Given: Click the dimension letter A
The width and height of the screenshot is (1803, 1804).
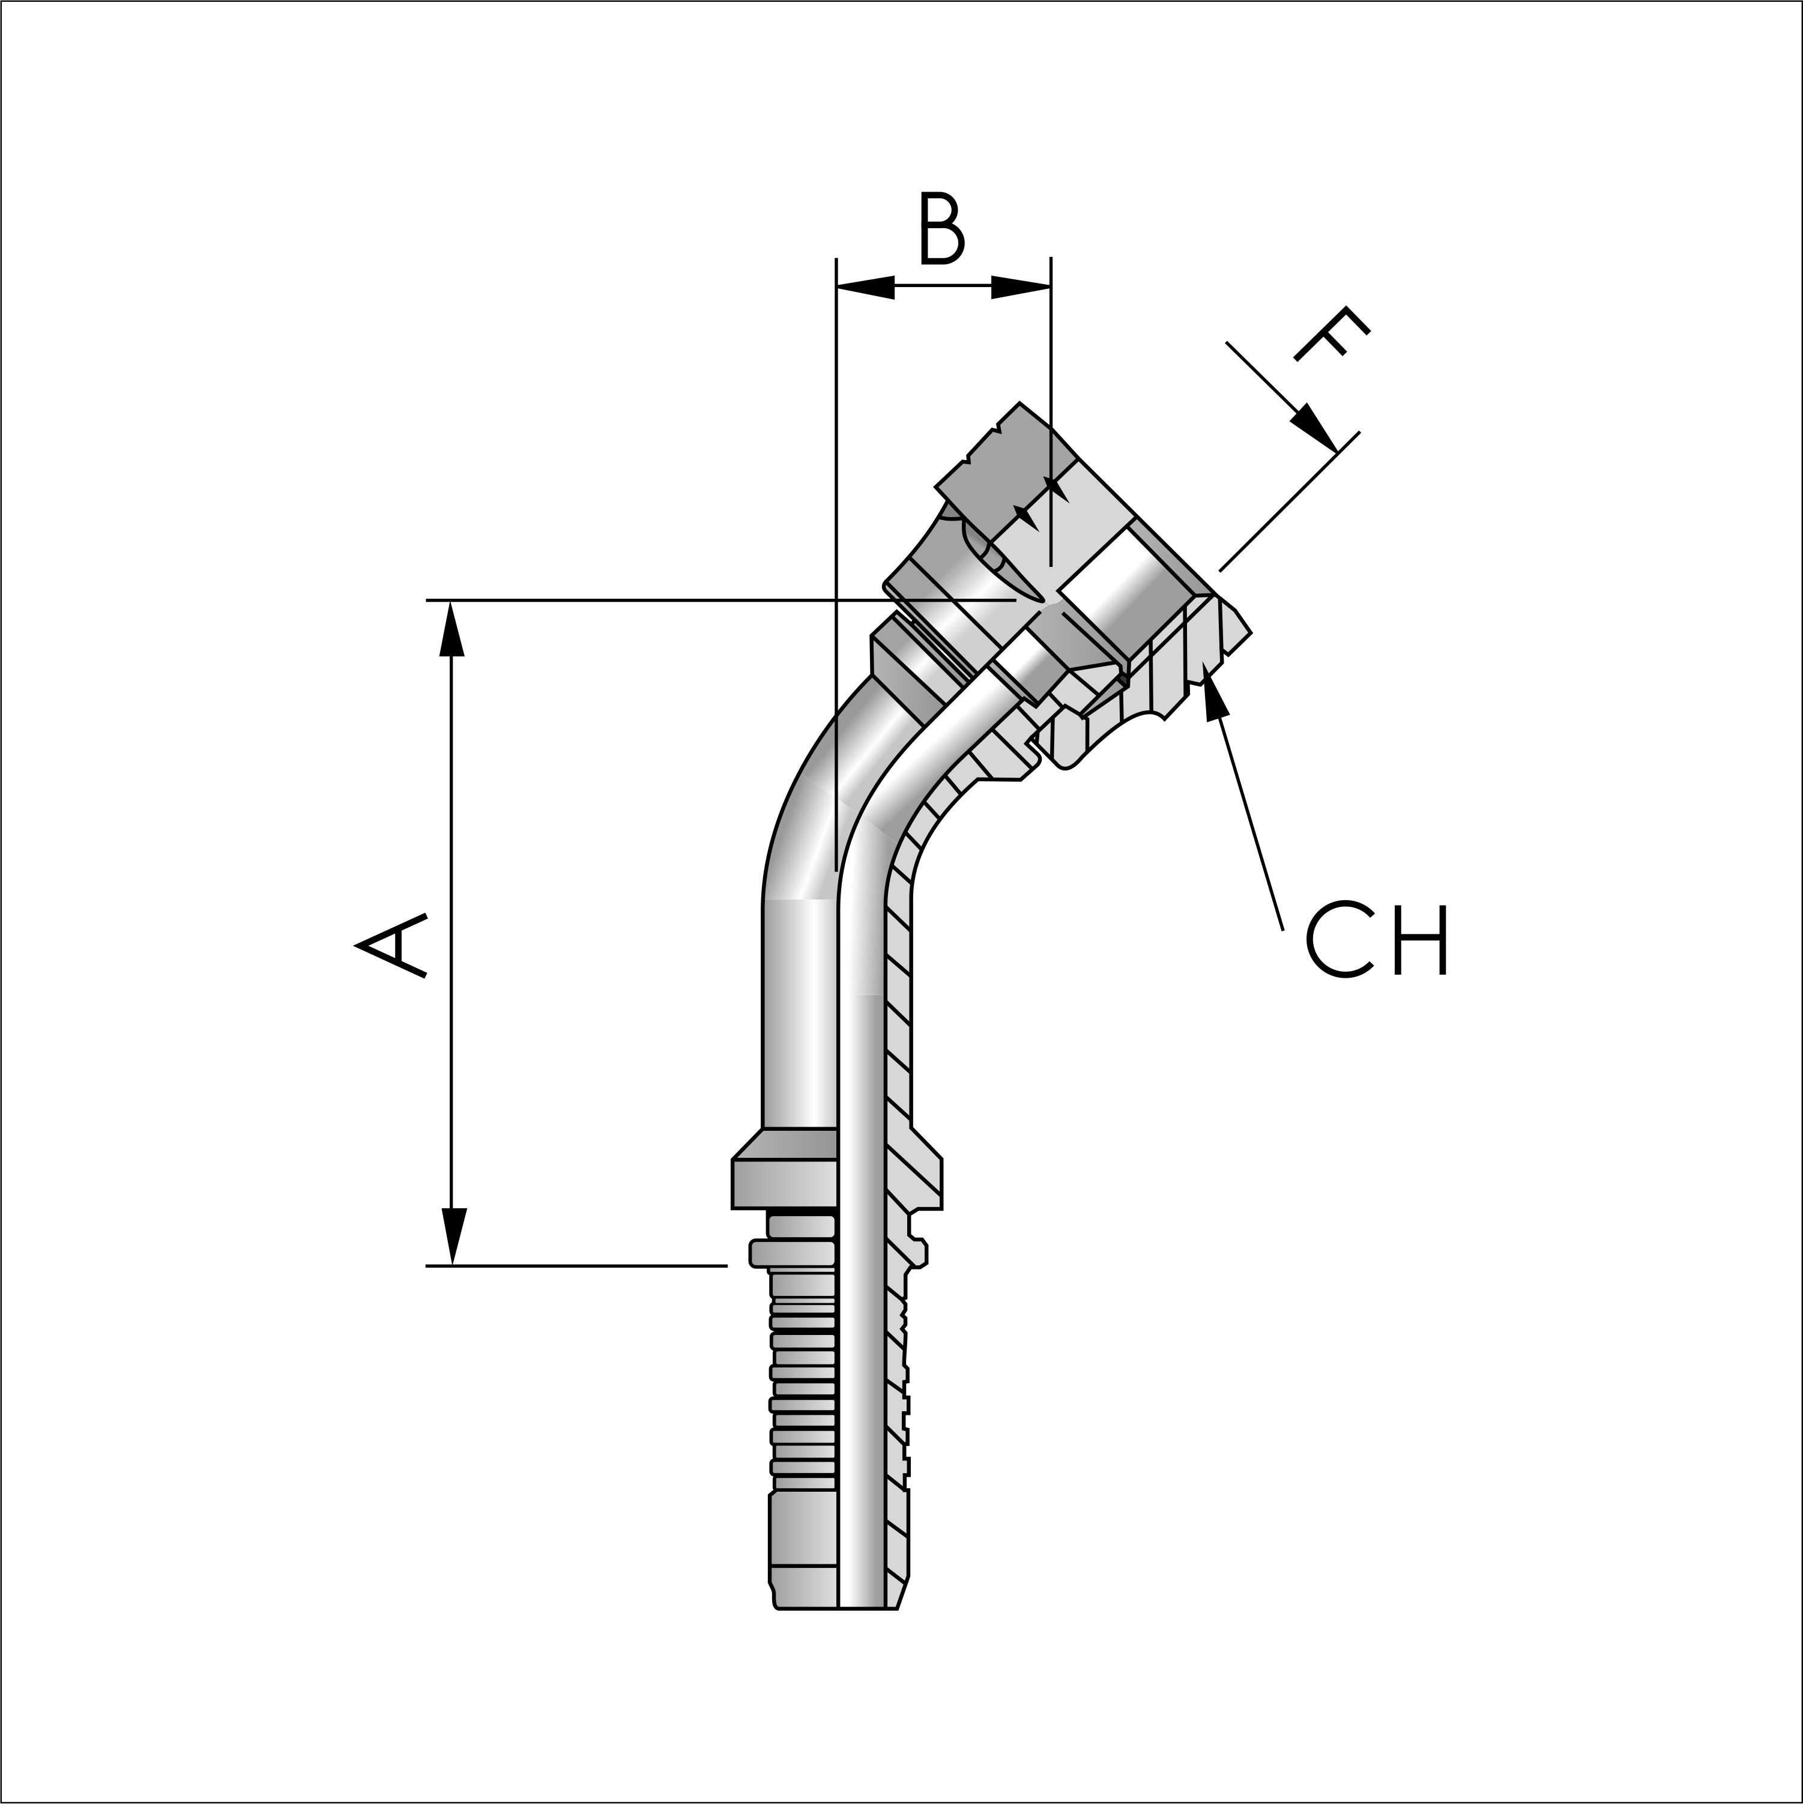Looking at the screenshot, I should click(391, 945).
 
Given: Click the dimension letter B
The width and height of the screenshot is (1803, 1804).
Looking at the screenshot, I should click(941, 229).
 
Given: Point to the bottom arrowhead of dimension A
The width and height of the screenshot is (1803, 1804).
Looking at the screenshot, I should click(453, 1237).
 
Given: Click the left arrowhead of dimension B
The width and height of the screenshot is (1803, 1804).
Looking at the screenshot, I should click(864, 286).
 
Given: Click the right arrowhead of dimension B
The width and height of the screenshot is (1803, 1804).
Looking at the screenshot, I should click(1022, 286).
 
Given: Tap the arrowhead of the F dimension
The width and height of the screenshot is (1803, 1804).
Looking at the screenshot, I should click(1317, 429).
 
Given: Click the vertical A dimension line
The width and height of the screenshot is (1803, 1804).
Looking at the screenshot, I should click(452, 934).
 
